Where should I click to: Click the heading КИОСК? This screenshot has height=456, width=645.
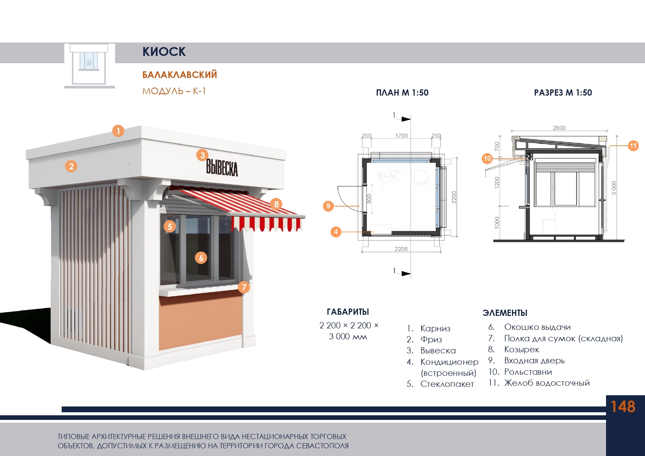click(164, 52)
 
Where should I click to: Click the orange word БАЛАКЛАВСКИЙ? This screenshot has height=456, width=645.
click(179, 75)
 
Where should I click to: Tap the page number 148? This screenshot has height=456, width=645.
click(623, 407)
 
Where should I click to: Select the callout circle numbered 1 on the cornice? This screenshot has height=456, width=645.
click(118, 131)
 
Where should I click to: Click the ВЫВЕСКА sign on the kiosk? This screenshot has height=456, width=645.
click(222, 168)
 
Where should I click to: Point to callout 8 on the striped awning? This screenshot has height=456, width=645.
click(276, 204)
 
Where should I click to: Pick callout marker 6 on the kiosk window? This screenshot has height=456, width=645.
click(201, 258)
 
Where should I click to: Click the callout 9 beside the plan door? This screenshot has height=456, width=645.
click(328, 206)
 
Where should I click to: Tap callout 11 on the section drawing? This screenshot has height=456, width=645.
click(633, 146)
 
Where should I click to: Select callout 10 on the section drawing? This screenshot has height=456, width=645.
click(487, 158)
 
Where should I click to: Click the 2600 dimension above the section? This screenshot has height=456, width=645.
click(559, 128)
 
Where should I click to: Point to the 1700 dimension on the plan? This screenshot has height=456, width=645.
click(401, 136)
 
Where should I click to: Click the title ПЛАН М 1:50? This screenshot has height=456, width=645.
click(402, 93)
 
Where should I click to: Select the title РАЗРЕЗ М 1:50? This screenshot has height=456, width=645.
click(563, 93)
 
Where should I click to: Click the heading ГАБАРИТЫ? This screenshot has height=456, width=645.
click(348, 312)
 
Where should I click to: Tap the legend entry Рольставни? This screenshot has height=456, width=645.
click(528, 372)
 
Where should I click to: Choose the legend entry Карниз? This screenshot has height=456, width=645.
click(435, 328)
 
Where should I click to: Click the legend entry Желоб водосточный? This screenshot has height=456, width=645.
click(547, 383)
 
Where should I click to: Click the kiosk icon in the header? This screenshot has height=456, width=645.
click(89, 65)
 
